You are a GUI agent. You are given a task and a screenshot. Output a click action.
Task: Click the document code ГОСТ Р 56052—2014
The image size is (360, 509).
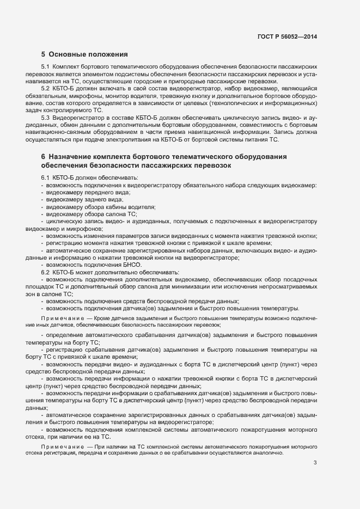[x=287, y=36]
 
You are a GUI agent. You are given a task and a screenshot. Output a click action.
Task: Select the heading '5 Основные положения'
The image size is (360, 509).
[x=84, y=54]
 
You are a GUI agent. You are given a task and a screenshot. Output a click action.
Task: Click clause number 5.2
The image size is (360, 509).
[x=46, y=88]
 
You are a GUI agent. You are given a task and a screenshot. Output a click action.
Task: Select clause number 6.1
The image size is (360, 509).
[x=46, y=178]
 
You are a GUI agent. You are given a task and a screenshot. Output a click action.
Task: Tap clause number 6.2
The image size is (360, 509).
[x=46, y=271]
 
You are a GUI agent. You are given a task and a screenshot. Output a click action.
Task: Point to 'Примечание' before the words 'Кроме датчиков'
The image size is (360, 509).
[x=60, y=317]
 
